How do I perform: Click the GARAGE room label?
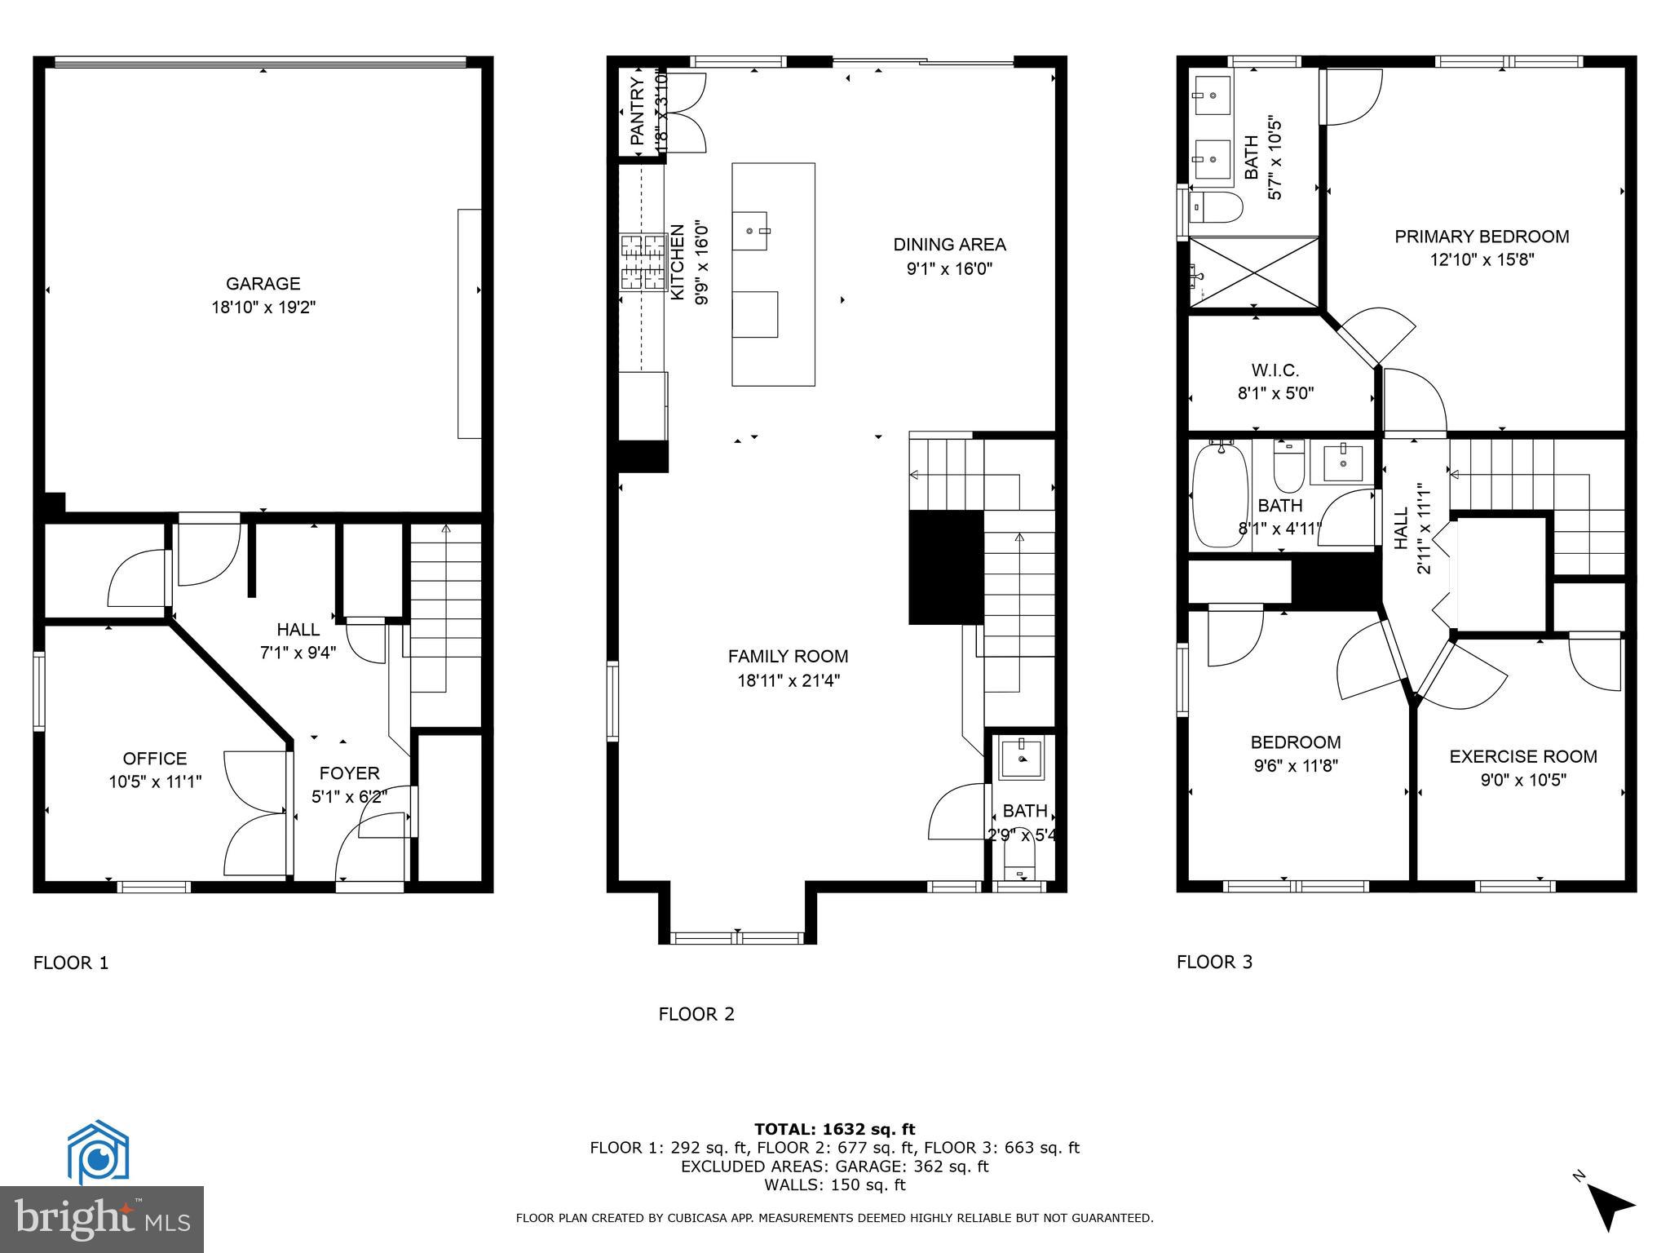point(263,284)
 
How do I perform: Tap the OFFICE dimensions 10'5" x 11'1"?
point(155,781)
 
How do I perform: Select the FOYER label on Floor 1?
point(349,773)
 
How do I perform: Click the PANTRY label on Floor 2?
point(638,112)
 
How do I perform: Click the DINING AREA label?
point(949,244)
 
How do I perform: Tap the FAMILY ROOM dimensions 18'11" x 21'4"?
point(788,680)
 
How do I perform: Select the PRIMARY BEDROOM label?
point(1481,237)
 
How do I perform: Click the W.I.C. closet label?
point(1275,370)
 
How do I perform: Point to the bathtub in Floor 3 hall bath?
point(1221,495)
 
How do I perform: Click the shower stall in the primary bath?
point(1253,272)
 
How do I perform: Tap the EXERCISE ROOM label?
point(1522,756)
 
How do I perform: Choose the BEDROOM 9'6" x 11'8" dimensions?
point(1296,765)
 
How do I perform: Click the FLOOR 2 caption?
point(696,1014)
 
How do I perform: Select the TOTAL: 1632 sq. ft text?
point(834,1129)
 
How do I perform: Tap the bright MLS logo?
point(102,1219)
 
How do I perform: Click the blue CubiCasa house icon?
point(98,1153)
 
